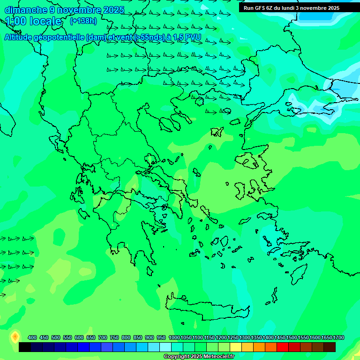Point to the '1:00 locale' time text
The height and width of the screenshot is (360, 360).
[x=33, y=21]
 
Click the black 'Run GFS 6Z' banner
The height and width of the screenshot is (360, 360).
[x=292, y=7]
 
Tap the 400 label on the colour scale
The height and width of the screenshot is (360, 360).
[x=32, y=337]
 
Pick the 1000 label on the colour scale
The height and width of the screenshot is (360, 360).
[x=174, y=337]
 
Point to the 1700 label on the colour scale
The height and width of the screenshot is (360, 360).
[x=338, y=337]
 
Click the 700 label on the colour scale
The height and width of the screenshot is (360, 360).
[x=103, y=337]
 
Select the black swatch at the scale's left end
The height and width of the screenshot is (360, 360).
[x=25, y=347]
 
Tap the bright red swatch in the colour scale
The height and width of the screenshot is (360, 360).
[x=283, y=347]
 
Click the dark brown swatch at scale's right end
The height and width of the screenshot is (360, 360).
[x=330, y=347]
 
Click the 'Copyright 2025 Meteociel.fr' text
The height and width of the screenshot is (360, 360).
[x=199, y=357]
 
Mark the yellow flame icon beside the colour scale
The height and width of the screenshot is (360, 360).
[x=15, y=337]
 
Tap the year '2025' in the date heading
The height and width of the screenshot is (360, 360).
[x=114, y=10]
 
